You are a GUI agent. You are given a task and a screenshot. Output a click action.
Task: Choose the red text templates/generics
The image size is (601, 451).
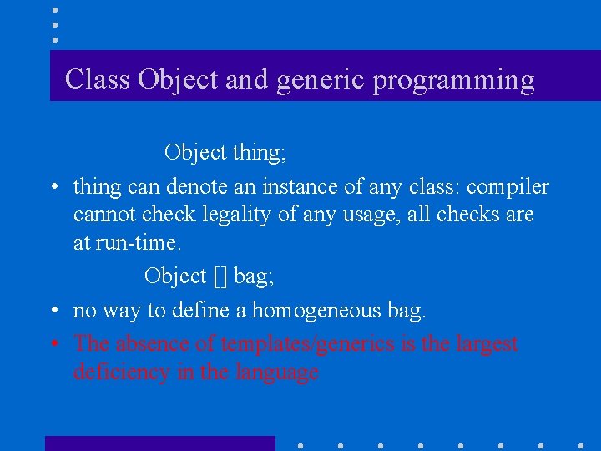(x=298, y=343)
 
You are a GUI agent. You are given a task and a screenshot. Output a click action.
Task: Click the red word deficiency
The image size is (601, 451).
(x=122, y=372)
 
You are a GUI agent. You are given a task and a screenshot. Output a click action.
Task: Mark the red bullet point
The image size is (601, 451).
(x=53, y=344)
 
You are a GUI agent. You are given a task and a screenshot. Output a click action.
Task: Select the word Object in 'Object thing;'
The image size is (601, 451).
(x=195, y=152)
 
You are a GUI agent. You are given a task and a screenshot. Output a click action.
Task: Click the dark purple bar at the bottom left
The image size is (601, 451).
(x=159, y=443)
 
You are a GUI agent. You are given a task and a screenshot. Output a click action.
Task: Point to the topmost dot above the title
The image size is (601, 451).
(x=54, y=10)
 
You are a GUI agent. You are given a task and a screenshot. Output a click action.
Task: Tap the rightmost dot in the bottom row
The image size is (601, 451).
(x=581, y=446)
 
